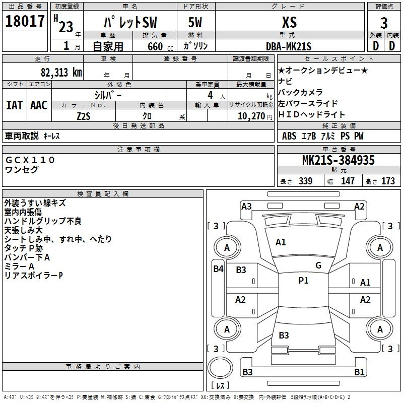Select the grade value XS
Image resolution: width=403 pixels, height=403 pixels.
[289, 23]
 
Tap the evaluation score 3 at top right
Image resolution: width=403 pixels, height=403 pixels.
[384, 23]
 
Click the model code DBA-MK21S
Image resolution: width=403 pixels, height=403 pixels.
[289, 46]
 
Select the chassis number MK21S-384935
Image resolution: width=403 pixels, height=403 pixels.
[338, 160]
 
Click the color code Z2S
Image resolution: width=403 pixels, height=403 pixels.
[84, 116]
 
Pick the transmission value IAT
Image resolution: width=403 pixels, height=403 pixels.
[14, 105]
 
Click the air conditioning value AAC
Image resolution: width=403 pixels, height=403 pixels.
[39, 105]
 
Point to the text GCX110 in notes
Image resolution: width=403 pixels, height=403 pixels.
[30, 160]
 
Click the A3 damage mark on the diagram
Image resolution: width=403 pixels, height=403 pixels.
[246, 206]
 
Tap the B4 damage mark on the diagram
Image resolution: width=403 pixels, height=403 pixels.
[218, 268]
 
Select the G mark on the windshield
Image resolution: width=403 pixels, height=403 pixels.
[318, 265]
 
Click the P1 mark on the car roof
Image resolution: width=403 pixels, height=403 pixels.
[303, 281]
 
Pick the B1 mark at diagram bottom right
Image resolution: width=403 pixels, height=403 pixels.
[359, 372]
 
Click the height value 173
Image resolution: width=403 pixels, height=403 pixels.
[388, 181]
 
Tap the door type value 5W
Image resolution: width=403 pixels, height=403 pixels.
[195, 23]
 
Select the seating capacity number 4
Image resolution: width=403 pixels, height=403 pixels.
[209, 95]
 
